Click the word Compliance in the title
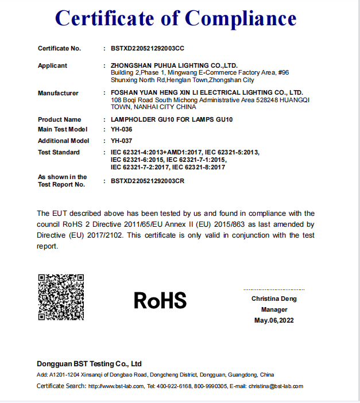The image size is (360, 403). coord(241,18)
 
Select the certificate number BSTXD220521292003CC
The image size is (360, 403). coord(148,48)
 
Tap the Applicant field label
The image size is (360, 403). coord(52,65)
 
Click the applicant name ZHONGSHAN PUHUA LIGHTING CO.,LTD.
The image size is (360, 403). coord(174,65)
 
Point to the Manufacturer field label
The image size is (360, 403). coord(58,92)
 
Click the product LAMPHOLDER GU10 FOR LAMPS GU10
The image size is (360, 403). coord(172,119)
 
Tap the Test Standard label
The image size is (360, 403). coord(59,152)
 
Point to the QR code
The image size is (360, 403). coord(61,297)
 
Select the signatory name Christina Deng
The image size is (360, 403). coord(274,299)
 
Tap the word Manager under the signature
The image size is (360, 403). coord(274,309)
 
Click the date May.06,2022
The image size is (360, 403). coord(274,320)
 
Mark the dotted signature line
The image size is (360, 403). coord(274,289)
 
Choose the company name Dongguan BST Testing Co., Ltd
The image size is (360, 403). coord(89,364)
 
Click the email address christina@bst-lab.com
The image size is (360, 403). coord(276,386)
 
